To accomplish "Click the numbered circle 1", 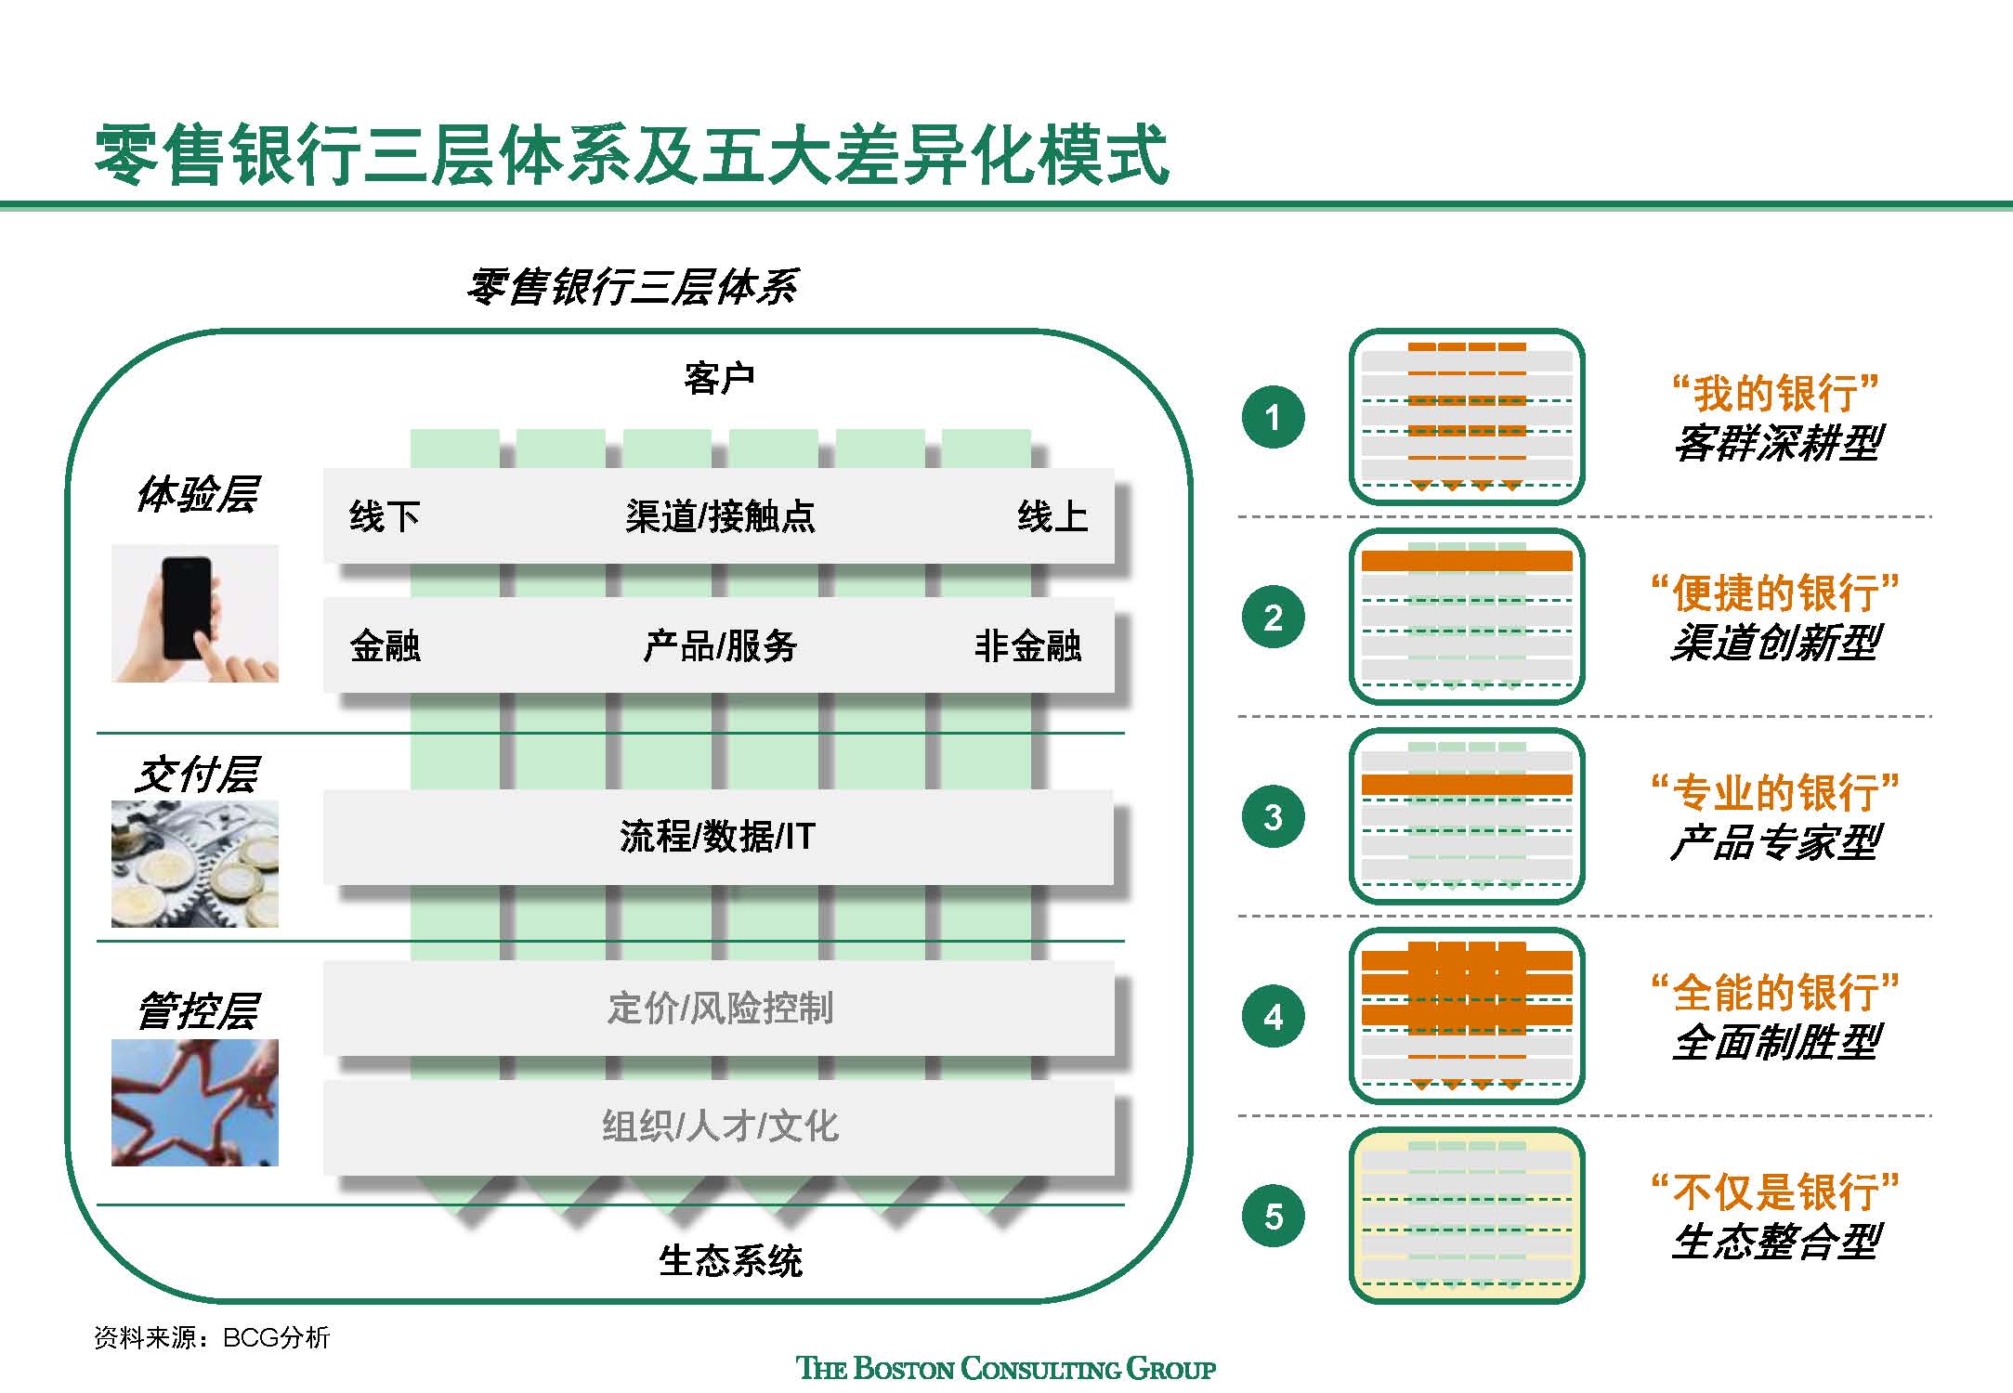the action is point(1273,417).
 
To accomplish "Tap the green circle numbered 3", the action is point(1273,817).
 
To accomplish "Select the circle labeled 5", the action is point(1273,1216).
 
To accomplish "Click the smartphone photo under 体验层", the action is point(195,614).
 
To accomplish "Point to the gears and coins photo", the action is point(195,864).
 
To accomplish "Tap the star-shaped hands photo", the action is point(195,1102).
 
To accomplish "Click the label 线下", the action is point(385,516).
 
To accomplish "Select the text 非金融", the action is point(1027,646).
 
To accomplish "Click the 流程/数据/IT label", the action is point(717,837).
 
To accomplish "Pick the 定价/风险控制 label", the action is point(720,1008).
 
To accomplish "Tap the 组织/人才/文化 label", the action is point(720,1126).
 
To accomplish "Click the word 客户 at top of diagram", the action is point(719,379).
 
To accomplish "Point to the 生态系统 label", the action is point(730,1261).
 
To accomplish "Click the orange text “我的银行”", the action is point(1775,393).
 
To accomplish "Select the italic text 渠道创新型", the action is point(1775,643).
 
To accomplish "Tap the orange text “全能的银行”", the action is point(1775,993).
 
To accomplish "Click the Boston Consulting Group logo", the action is point(1006,1368).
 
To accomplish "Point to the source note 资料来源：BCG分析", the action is point(212,1337).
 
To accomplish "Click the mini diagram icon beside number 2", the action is point(1466,617).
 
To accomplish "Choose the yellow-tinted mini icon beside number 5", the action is point(1466,1216).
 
